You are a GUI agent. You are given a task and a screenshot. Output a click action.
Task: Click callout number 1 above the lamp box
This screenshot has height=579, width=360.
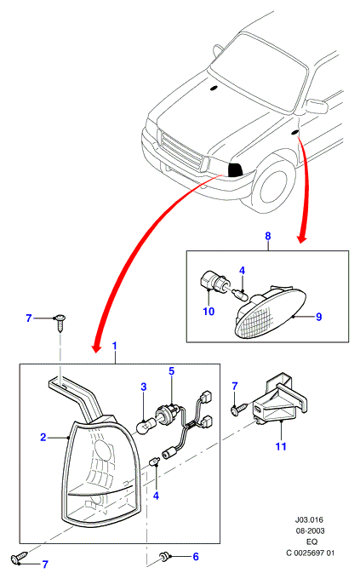114,346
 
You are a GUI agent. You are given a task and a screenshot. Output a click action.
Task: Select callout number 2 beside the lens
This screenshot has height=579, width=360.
43,437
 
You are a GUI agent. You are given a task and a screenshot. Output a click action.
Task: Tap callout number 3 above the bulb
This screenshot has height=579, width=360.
144,387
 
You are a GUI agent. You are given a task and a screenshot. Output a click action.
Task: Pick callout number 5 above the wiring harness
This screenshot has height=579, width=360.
172,370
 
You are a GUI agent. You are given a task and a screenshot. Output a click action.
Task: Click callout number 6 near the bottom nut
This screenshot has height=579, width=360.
196,557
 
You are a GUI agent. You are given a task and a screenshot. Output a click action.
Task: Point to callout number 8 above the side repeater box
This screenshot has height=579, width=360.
268,236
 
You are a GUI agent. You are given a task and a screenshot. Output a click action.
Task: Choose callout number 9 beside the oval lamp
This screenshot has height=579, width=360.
318,317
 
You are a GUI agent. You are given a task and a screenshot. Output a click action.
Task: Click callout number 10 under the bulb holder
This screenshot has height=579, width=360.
209,312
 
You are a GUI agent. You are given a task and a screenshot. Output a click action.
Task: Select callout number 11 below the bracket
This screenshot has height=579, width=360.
281,446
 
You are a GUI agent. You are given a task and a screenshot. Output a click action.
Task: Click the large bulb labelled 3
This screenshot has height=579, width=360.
146,426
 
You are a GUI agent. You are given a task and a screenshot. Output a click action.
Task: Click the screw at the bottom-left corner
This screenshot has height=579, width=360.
20,557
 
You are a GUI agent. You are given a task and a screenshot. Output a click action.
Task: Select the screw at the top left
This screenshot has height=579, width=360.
60,323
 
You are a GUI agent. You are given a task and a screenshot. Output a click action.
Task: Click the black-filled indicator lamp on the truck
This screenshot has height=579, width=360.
235,169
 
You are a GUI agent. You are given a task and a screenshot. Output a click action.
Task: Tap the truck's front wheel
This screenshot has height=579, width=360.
273,186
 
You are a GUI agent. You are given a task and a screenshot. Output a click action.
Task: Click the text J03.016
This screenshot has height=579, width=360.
309,520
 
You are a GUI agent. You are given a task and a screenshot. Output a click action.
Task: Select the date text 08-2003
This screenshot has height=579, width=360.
310,531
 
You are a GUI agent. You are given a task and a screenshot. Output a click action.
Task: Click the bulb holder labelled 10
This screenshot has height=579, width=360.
212,283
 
